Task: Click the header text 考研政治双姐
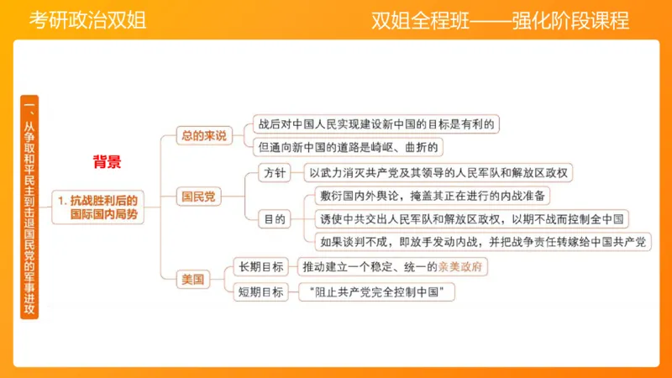click(x=87, y=20)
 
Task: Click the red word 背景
click(x=107, y=163)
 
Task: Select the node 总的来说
click(x=204, y=135)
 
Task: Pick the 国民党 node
click(x=199, y=197)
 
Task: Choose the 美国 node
click(x=193, y=280)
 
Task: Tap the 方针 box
click(x=275, y=173)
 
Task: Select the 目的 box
click(x=275, y=219)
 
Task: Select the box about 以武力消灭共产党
click(x=439, y=173)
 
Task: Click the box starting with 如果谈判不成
click(x=482, y=243)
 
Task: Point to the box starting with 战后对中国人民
click(x=378, y=123)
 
